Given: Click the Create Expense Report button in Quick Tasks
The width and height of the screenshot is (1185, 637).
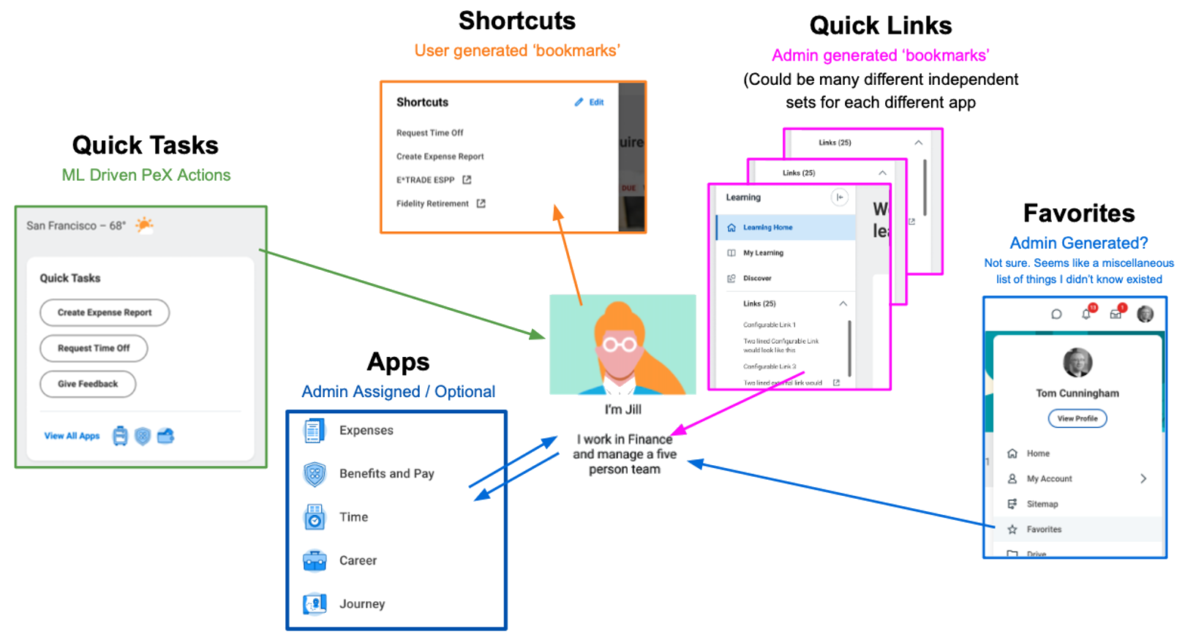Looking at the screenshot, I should [105, 312].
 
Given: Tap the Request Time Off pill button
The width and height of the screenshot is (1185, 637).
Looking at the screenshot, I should [94, 348].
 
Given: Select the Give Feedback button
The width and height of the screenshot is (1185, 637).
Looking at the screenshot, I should [88, 384].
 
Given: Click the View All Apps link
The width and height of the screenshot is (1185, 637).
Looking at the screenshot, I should [72, 436].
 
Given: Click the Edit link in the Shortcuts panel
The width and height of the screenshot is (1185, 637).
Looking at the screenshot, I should [590, 102].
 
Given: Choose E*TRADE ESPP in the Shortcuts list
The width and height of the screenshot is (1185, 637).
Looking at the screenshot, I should [426, 180].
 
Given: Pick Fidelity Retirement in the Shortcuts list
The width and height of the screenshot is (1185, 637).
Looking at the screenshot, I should [432, 204].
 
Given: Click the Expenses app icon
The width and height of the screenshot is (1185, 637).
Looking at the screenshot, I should [314, 431].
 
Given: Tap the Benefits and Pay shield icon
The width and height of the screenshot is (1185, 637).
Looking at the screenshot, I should [315, 474].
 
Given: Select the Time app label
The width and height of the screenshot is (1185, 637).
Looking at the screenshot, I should [353, 517].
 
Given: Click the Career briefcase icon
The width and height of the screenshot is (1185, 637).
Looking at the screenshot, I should [315, 560].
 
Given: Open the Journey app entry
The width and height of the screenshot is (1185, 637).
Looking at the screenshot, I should [361, 604].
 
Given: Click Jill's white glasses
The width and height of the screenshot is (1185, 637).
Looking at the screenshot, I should [619, 344].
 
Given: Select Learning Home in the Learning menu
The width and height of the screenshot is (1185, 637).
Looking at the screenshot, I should [767, 227].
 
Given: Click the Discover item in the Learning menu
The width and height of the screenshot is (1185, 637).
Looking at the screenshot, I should [757, 279].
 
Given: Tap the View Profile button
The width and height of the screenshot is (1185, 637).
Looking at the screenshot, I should [1077, 418].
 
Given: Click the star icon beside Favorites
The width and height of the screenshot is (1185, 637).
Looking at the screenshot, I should [1012, 529].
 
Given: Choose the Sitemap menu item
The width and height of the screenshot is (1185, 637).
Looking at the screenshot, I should [1042, 504].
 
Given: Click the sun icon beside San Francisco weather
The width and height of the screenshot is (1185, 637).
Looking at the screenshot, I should [144, 225].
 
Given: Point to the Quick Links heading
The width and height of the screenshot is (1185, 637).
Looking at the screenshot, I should [881, 26].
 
